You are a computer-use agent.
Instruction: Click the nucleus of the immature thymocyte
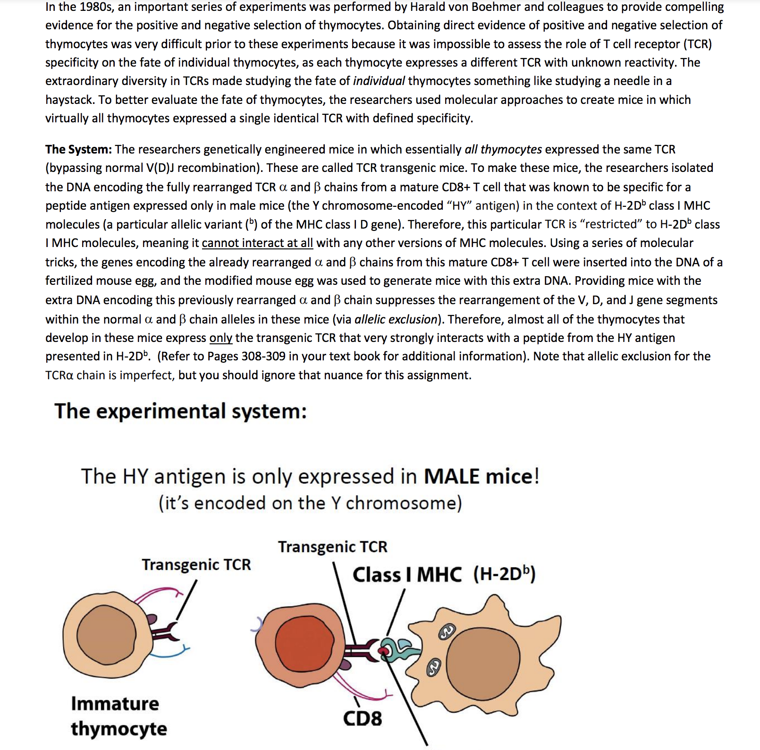coord(107,632)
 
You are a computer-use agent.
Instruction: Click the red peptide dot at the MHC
coord(385,651)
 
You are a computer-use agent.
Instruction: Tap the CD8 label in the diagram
coord(362,718)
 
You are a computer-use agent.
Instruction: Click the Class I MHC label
coord(407,575)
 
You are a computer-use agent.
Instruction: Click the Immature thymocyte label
coord(118,716)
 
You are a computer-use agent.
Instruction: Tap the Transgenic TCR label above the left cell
coord(196,564)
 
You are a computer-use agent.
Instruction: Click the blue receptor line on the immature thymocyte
coord(170,654)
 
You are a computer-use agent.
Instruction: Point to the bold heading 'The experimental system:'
coord(180,411)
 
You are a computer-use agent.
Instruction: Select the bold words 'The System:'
coord(78,149)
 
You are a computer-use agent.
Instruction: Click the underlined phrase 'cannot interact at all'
coord(257,243)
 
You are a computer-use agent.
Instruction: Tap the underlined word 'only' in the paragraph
coord(220,338)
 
